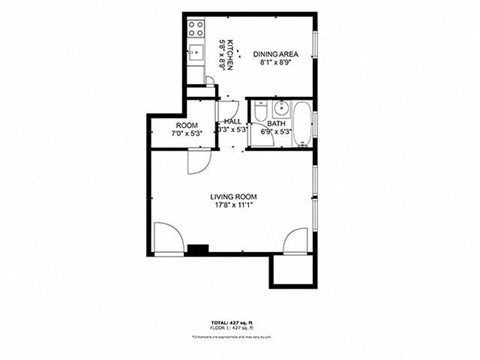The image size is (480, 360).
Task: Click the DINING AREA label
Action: coord(274,54)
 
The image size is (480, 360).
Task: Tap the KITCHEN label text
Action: coord(229,54)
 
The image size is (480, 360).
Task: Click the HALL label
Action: coord(232,120)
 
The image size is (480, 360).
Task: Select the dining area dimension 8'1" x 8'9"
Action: coord(274,63)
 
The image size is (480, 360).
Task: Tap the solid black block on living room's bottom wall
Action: coord(200,250)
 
